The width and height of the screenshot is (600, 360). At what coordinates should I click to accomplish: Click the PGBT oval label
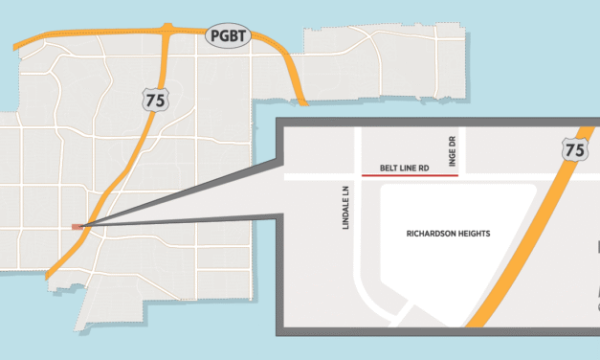pyautogui.click(x=227, y=36)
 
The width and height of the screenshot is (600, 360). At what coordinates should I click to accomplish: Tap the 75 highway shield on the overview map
pyautogui.click(x=149, y=98)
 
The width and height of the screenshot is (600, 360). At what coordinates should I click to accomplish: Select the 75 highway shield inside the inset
pyautogui.click(x=575, y=150)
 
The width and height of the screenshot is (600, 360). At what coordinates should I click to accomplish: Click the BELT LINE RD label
pyautogui.click(x=404, y=168)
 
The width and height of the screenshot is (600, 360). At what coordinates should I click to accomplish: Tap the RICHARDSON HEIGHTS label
pyautogui.click(x=448, y=233)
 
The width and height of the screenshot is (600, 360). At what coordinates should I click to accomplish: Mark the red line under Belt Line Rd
pyautogui.click(x=410, y=175)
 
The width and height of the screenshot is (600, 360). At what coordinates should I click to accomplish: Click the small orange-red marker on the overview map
pyautogui.click(x=78, y=227)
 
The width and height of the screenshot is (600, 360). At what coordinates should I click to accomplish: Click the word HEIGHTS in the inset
pyautogui.click(x=476, y=233)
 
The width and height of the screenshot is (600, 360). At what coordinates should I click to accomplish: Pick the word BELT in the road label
pyautogui.click(x=389, y=168)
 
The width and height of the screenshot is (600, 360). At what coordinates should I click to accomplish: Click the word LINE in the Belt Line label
pyautogui.click(x=406, y=168)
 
